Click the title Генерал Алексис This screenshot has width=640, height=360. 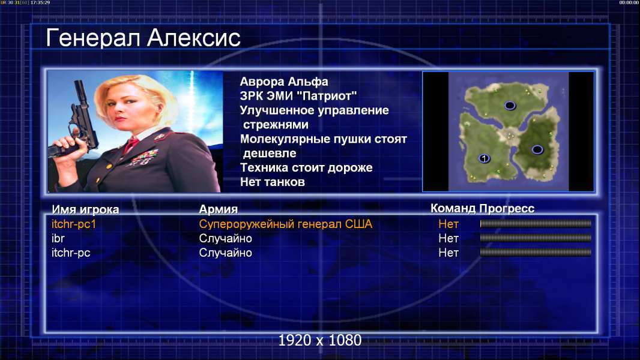click(143, 38)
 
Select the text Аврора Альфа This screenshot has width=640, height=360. click(283, 82)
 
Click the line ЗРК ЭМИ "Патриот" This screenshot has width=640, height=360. click(298, 96)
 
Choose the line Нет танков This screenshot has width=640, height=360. click(272, 182)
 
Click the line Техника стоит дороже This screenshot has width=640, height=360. click(306, 167)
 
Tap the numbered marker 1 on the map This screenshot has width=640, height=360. click(484, 158)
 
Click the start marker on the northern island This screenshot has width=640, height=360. click(510, 106)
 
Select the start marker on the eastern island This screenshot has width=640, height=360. click(537, 149)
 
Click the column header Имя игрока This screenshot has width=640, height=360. click(85, 209)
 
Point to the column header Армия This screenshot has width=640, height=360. click(219, 209)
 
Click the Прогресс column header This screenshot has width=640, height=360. click(507, 209)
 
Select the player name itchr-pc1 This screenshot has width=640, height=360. click(74, 224)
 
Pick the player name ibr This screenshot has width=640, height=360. click(58, 239)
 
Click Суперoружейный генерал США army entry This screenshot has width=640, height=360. click(286, 224)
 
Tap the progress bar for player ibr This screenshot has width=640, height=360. click(536, 238)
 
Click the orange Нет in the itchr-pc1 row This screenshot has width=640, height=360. click(448, 224)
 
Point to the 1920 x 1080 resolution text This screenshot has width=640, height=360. click(319, 340)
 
